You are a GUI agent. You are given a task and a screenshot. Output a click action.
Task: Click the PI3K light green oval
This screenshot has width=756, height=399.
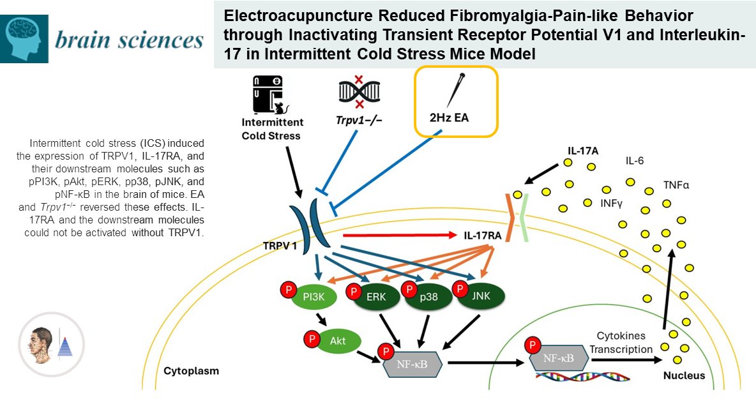pyautogui.click(x=314, y=297)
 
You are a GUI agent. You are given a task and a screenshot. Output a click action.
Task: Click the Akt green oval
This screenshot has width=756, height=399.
pyautogui.click(x=338, y=341)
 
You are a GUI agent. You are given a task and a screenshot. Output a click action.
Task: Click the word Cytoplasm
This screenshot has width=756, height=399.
pyautogui.click(x=191, y=371)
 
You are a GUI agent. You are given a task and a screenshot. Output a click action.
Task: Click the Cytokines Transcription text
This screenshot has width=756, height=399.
pyautogui.click(x=625, y=342)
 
